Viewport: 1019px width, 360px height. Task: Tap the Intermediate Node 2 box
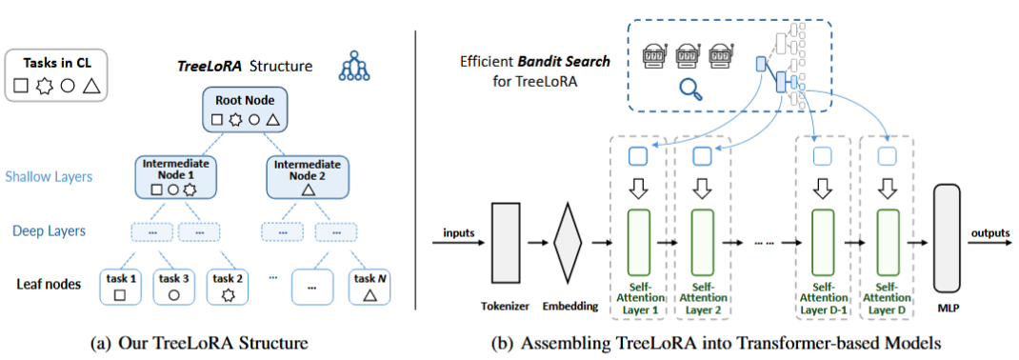click(309, 177)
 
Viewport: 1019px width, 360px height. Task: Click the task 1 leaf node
click(119, 287)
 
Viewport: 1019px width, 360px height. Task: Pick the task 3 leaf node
click(173, 287)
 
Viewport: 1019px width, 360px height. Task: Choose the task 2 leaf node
click(227, 287)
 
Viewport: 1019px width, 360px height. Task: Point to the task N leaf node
click(370, 287)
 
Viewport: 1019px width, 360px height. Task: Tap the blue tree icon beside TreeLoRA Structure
click(353, 67)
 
